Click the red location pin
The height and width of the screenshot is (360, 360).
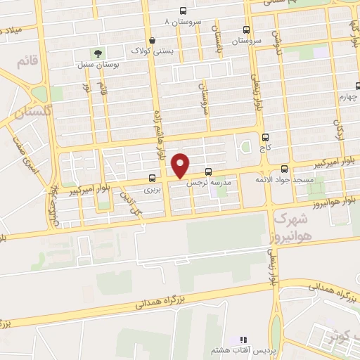(x=181, y=165)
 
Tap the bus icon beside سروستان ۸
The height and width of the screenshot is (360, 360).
(x=184, y=11)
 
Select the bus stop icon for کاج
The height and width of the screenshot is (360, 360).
(x=265, y=138)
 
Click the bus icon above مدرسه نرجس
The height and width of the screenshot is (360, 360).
(x=208, y=172)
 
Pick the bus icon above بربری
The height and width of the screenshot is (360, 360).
(x=153, y=179)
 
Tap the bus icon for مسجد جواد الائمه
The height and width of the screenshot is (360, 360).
(x=284, y=169)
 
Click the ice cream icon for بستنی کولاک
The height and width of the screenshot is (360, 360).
(x=152, y=40)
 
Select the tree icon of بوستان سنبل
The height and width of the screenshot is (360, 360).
(x=100, y=53)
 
